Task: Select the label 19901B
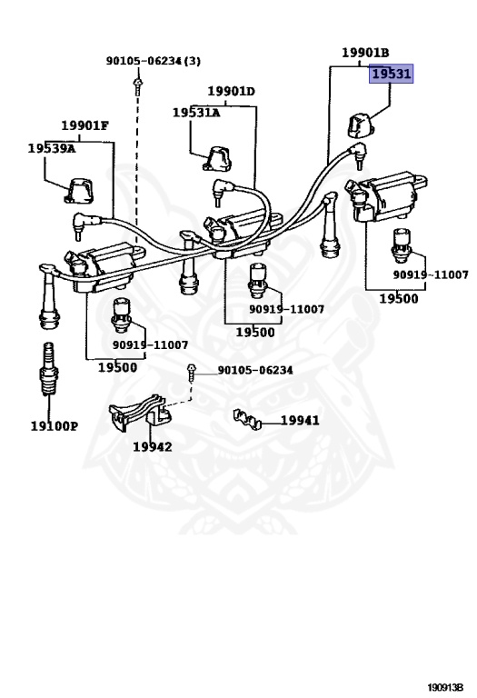click(364, 53)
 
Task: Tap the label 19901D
click(231, 92)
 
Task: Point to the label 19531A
click(196, 112)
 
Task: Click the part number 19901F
click(85, 125)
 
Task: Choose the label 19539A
click(51, 147)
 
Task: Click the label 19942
click(152, 446)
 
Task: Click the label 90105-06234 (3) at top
click(153, 61)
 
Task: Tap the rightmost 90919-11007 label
click(430, 274)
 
